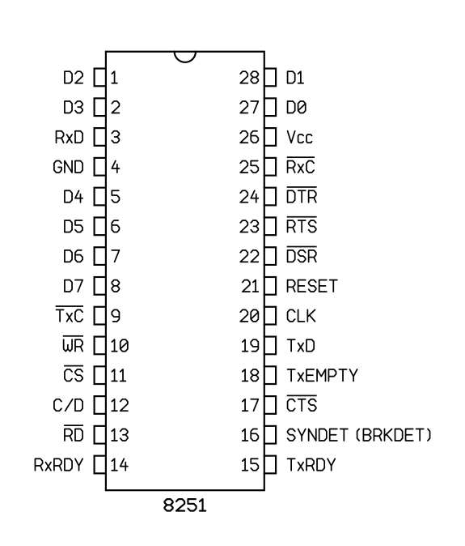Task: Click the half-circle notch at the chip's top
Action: [185, 62]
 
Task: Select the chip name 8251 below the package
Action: [185, 505]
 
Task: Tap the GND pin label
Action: [68, 167]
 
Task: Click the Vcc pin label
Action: [299, 137]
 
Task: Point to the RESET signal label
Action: [311, 286]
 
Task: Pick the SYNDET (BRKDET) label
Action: [358, 435]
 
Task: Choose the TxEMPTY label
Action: [322, 375]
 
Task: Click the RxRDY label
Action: [59, 465]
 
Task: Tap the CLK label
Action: [301, 316]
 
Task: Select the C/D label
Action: [68, 405]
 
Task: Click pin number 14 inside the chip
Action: [119, 465]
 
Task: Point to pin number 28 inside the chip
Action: [249, 78]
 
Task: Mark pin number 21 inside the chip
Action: [250, 286]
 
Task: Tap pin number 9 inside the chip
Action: [116, 316]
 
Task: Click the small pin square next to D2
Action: [99, 77]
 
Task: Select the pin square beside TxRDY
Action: [270, 465]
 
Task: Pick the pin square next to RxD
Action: [99, 137]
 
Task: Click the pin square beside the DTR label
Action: [270, 196]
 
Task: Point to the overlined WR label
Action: [73, 344]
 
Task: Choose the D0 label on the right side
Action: [296, 107]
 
